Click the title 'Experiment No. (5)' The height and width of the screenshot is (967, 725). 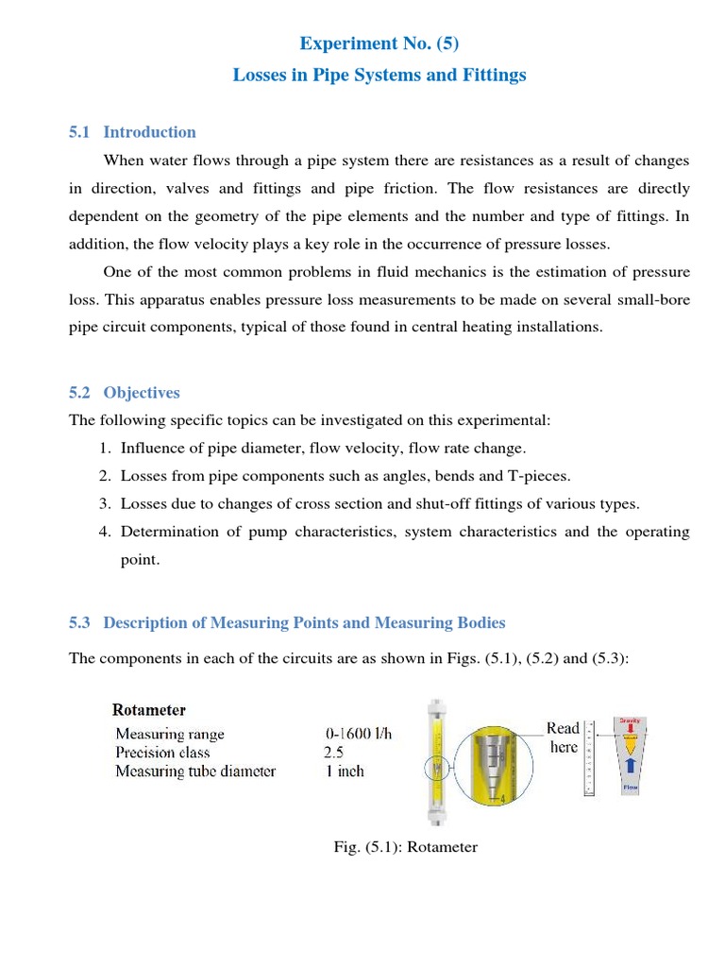(379, 43)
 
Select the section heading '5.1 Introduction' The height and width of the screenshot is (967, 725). (132, 132)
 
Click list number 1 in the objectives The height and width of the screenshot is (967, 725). (106, 447)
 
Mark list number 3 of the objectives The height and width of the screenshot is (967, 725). (106, 503)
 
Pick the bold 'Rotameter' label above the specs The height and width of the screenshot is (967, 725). (149, 709)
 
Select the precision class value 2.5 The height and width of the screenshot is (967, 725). (335, 753)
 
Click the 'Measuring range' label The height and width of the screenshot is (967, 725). (170, 734)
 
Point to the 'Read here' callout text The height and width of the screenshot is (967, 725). (563, 738)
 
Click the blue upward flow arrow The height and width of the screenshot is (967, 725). (629, 766)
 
